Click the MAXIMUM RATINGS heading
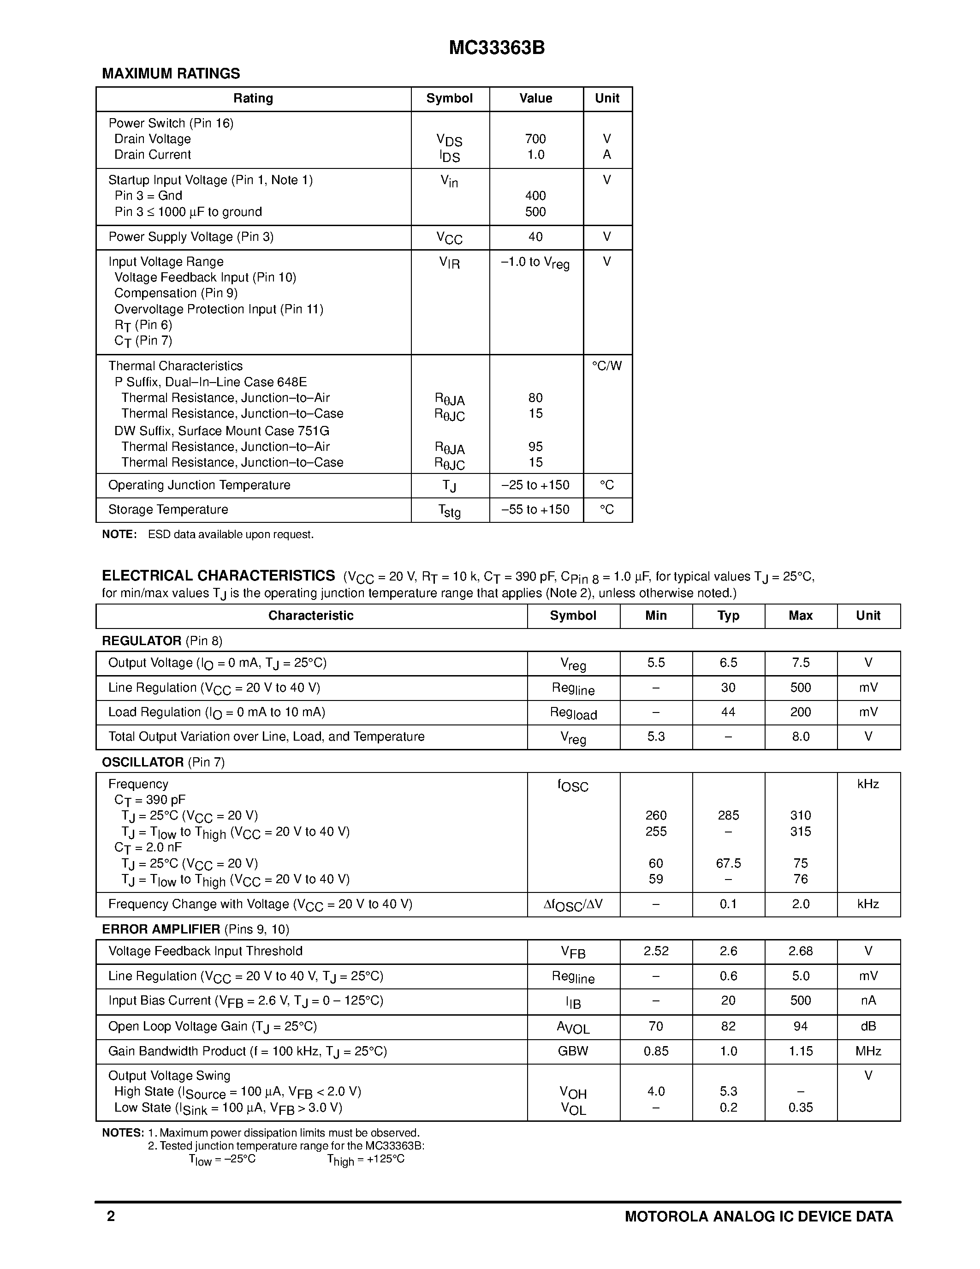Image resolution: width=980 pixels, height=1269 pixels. (x=171, y=74)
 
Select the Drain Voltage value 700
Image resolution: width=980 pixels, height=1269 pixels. (x=535, y=139)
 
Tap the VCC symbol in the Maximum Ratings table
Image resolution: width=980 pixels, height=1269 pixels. (x=449, y=238)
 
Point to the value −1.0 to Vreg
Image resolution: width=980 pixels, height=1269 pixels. (x=535, y=263)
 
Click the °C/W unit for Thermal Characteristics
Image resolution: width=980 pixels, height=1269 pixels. (x=607, y=366)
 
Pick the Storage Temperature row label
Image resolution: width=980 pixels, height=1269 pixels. (x=168, y=509)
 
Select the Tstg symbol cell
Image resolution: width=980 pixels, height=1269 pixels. (x=449, y=511)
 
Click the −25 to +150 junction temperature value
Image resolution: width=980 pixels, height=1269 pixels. (x=535, y=485)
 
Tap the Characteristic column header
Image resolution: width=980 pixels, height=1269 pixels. (x=311, y=616)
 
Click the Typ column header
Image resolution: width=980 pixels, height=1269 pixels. (x=728, y=616)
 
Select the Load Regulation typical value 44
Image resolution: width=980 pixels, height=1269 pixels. (x=728, y=712)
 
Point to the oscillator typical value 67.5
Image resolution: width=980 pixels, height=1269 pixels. (x=728, y=863)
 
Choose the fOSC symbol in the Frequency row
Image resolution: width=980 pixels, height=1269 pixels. (x=573, y=785)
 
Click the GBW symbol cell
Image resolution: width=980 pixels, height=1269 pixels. (x=573, y=1051)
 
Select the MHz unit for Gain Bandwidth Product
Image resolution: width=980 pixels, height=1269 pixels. (x=868, y=1051)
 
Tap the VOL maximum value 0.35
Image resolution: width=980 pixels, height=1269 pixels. (x=801, y=1108)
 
